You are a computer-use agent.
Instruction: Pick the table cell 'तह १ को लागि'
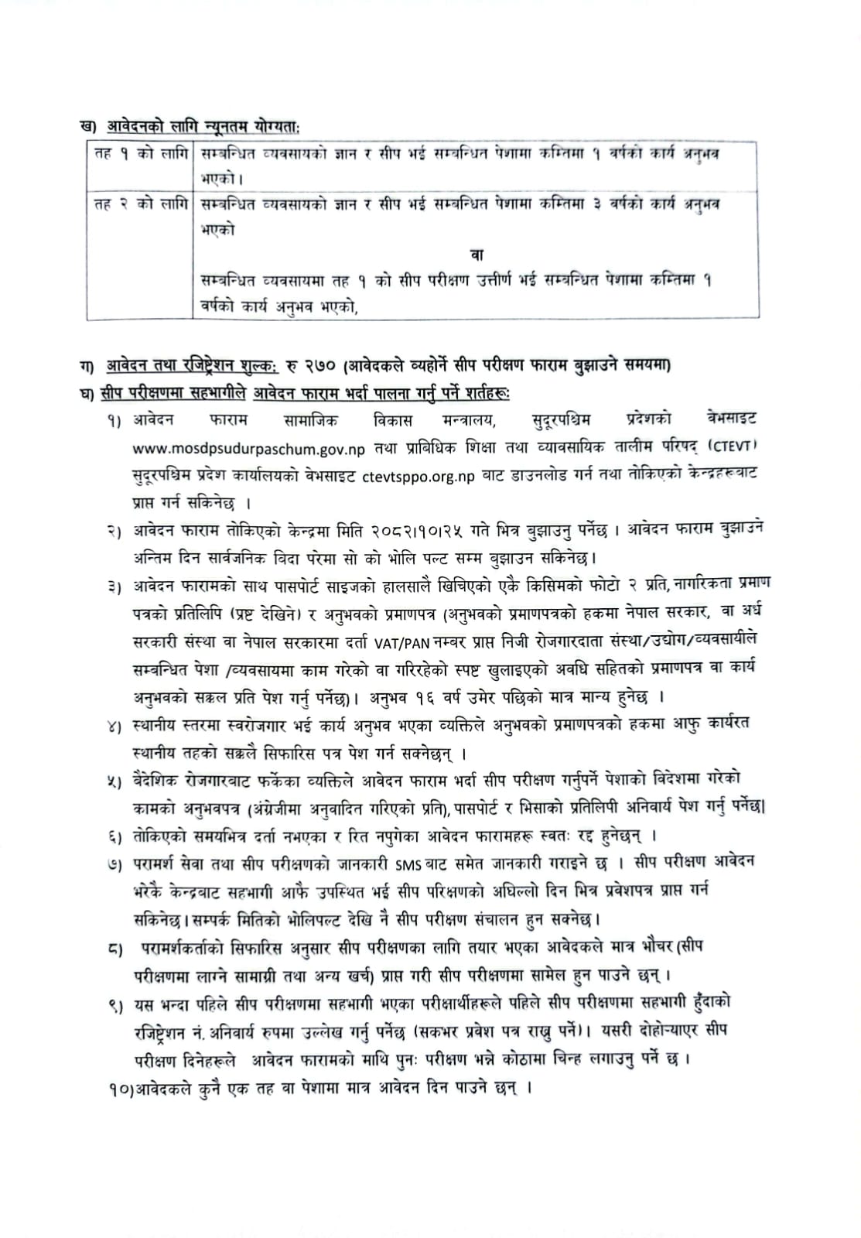[140, 154]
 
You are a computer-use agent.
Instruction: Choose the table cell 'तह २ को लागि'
[140, 205]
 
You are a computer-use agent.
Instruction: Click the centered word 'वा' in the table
[477, 255]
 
